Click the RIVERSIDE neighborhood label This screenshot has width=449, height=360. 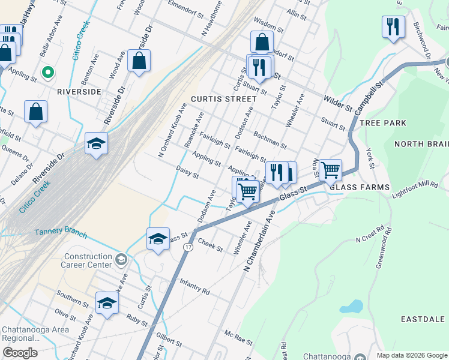79,92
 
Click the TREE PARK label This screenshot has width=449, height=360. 383,123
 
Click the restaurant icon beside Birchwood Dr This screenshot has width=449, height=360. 393,27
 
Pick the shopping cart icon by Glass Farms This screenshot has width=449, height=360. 330,170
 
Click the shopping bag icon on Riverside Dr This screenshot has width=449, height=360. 139,61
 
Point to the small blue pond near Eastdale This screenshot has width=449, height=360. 351,307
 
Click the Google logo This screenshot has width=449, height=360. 20,353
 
